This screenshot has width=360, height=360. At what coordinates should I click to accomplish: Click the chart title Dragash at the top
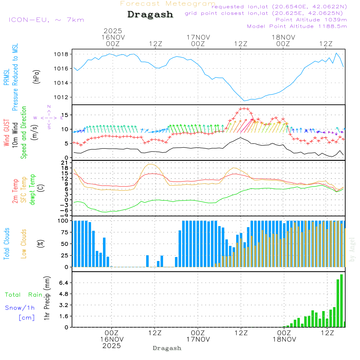pyautogui.click(x=150, y=15)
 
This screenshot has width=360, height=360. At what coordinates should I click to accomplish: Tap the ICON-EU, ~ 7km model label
pyautogui.click(x=46, y=20)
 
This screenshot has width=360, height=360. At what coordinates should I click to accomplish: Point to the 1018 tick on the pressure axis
pyautogui.click(x=61, y=54)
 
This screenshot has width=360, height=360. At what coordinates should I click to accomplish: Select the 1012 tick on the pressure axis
pyautogui.click(x=61, y=97)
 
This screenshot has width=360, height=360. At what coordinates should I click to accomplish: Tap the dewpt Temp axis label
pyautogui.click(x=32, y=190)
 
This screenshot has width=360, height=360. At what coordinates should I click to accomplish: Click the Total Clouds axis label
pyautogui.click(x=6, y=244)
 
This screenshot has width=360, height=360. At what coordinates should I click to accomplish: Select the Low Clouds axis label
pyautogui.click(x=24, y=243)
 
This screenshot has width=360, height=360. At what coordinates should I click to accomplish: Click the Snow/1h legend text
pyautogui.click(x=20, y=308)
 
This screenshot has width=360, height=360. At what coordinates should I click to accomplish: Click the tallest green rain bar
pyautogui.click(x=341, y=301)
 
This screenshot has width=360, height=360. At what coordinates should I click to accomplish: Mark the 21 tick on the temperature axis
pyautogui.click(x=65, y=163)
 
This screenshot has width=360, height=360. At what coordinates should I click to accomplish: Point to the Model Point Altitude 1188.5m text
pyautogui.click(x=297, y=26)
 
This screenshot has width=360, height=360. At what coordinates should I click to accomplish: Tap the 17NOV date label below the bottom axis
pyautogui.click(x=198, y=339)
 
